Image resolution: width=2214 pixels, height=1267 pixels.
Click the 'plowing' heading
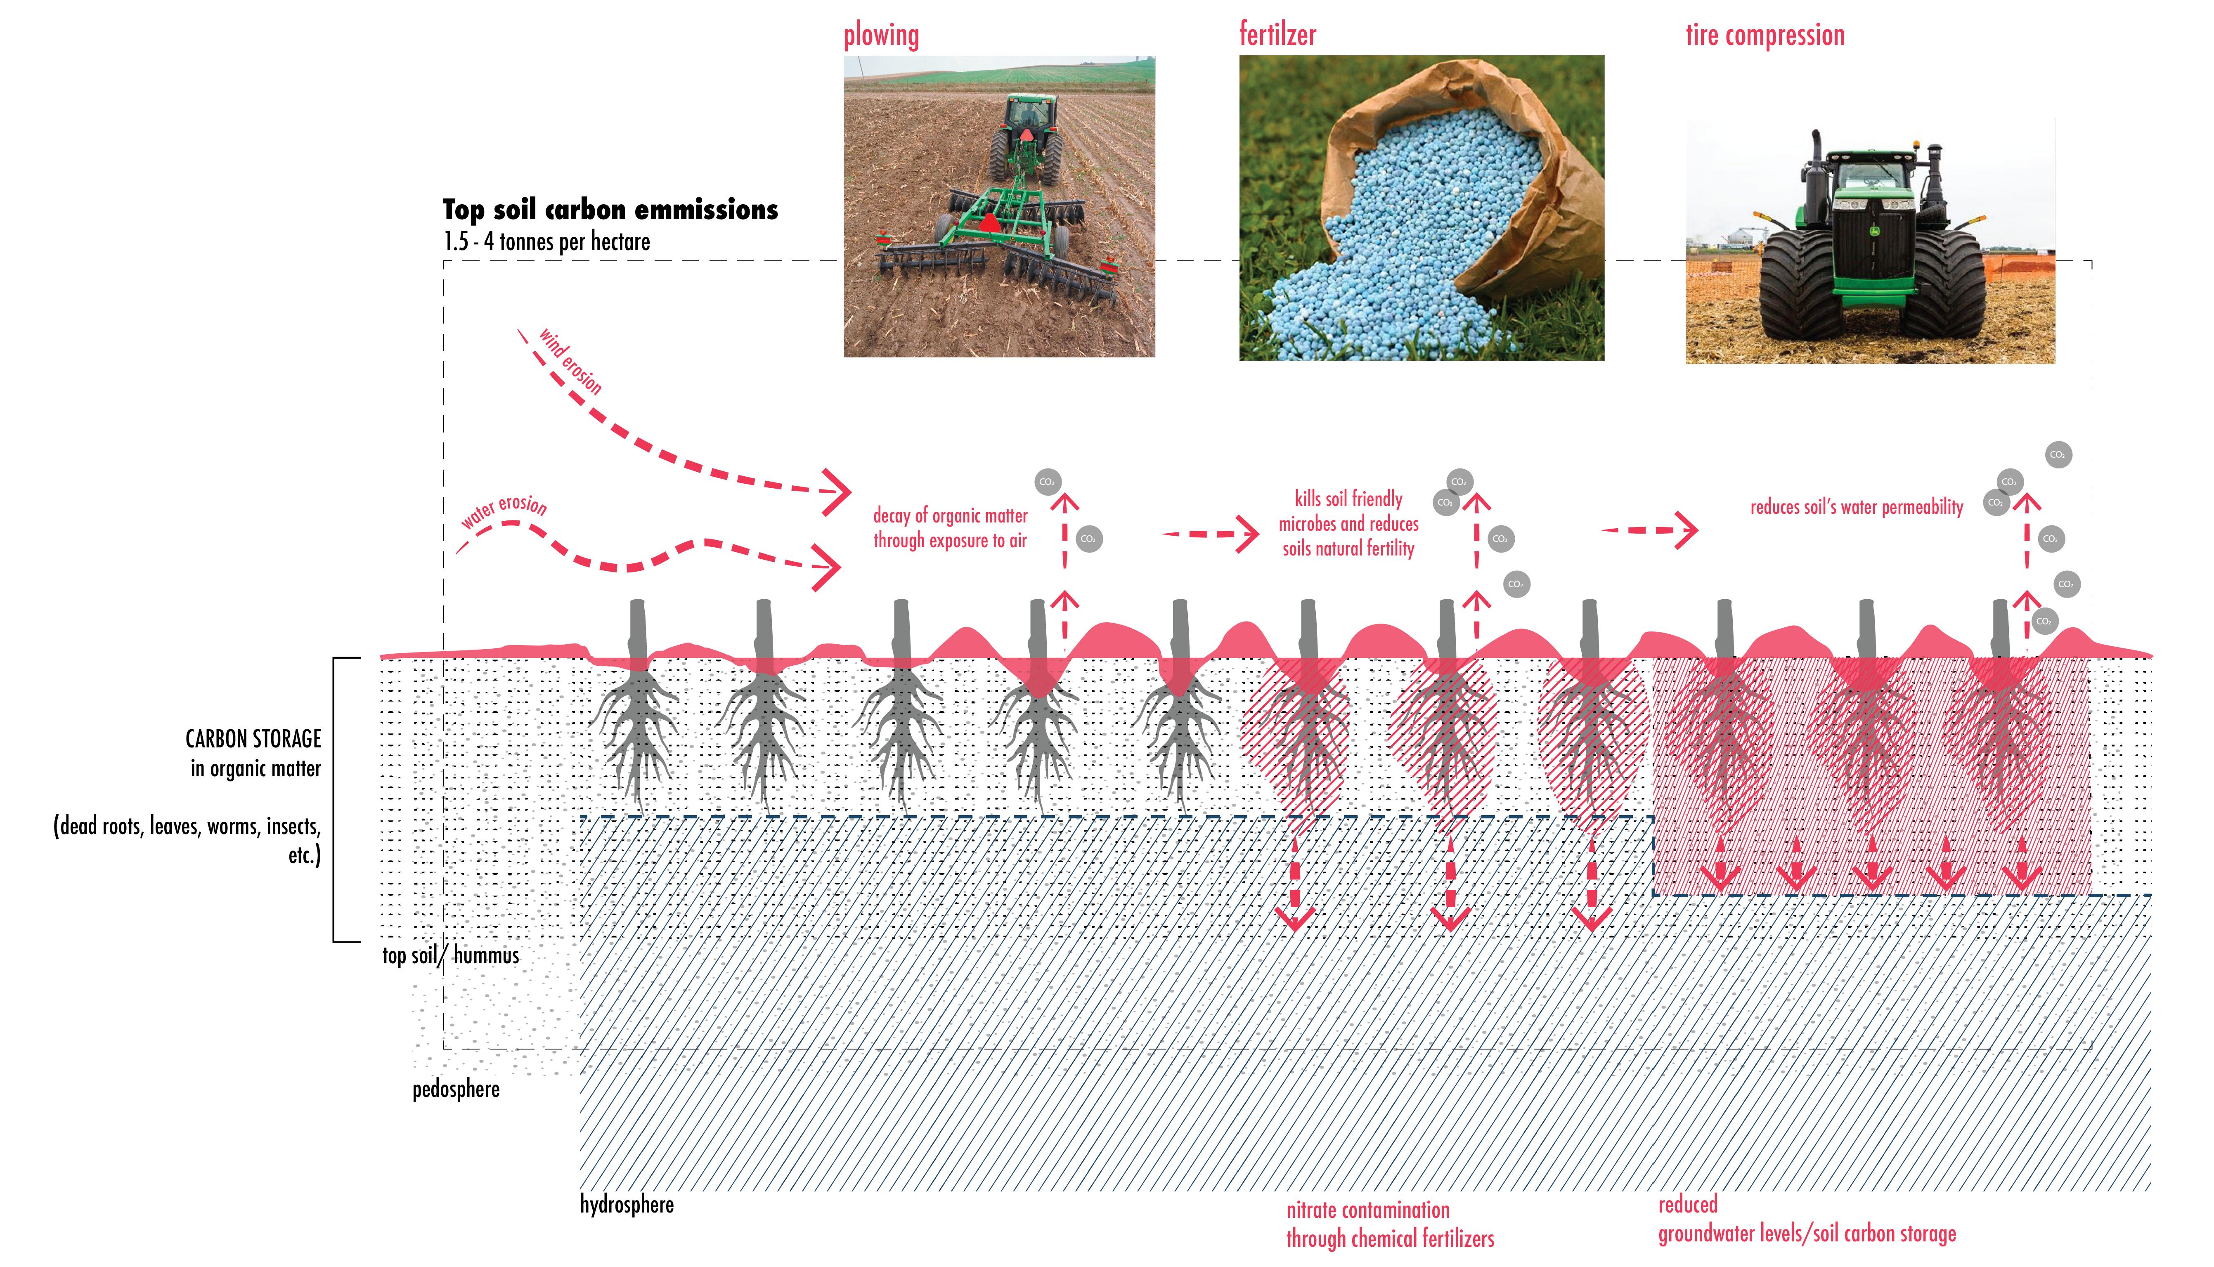(881, 35)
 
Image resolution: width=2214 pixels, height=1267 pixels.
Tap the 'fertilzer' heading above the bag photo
(1277, 35)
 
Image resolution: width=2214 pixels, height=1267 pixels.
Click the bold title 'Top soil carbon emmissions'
(610, 210)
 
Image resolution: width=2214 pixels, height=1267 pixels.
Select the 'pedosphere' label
(455, 1090)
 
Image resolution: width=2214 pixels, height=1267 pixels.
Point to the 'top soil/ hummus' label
(450, 955)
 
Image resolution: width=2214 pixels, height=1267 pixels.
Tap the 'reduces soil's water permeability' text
(1856, 507)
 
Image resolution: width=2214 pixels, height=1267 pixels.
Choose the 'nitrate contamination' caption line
(1367, 1210)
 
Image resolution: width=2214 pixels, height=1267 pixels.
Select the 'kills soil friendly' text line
(1348, 499)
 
